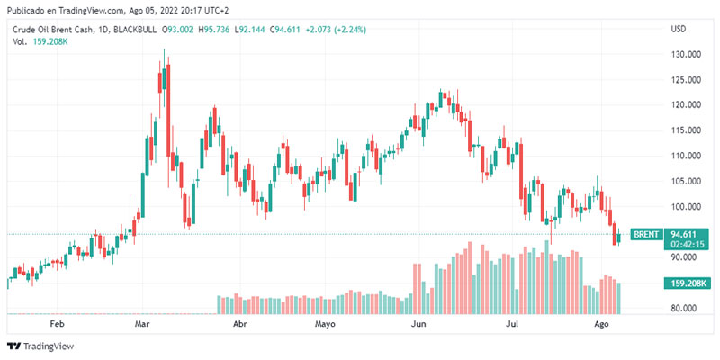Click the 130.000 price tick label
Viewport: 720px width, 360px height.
pyautogui.click(x=686, y=54)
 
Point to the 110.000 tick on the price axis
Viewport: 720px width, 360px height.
pyautogui.click(x=686, y=156)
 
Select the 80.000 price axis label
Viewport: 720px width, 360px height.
pyautogui.click(x=686, y=308)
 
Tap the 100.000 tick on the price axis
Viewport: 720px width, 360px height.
pyautogui.click(x=686, y=206)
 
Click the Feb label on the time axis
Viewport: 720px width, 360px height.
pyautogui.click(x=58, y=323)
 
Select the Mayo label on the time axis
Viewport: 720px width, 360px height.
pyautogui.click(x=326, y=323)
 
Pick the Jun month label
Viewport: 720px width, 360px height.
pyautogui.click(x=418, y=323)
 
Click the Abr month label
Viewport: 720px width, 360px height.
pyautogui.click(x=240, y=323)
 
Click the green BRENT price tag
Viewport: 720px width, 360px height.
pyautogui.click(x=647, y=234)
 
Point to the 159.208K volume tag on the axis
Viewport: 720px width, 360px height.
pyautogui.click(x=687, y=284)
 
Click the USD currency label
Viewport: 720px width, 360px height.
pyautogui.click(x=679, y=30)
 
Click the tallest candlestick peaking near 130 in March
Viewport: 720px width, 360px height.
pyautogui.click(x=164, y=81)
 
